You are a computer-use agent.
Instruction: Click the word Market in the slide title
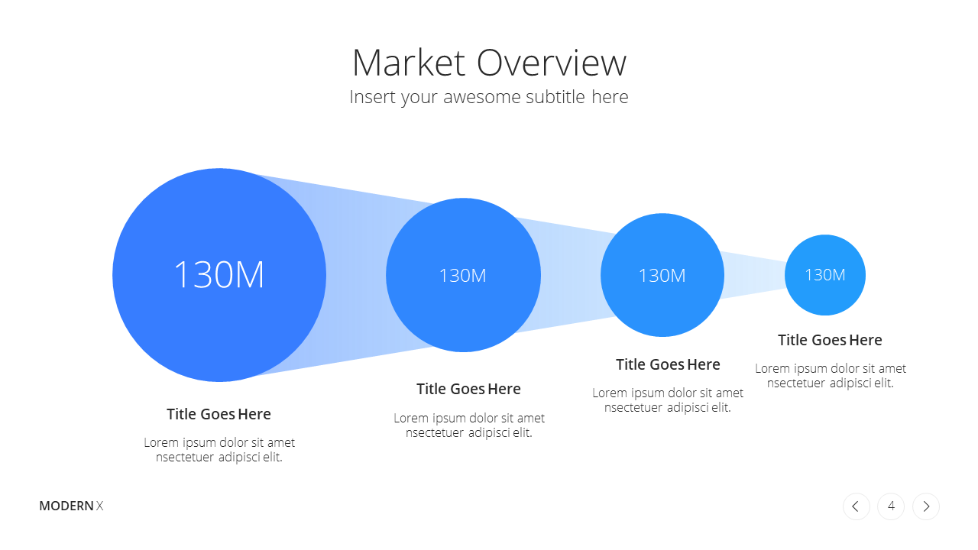(x=409, y=63)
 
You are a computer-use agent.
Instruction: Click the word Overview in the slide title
(x=552, y=63)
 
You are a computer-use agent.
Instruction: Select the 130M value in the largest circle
(x=219, y=274)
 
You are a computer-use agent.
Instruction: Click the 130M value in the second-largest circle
(x=463, y=276)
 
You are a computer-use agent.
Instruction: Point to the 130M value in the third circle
(x=662, y=276)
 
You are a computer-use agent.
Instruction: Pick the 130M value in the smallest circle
(x=825, y=274)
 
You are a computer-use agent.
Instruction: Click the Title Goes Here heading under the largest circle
(x=219, y=414)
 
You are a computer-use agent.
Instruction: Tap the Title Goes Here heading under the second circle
(x=468, y=389)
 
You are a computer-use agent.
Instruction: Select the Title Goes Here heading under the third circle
(x=668, y=364)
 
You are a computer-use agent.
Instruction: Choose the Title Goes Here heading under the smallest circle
(x=830, y=340)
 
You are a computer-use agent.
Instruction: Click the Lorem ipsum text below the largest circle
(x=219, y=450)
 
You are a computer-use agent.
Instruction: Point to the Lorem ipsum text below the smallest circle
(x=831, y=375)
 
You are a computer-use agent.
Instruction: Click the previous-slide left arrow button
(x=857, y=506)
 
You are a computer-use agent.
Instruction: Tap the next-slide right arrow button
(x=925, y=506)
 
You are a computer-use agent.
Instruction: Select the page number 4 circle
(x=891, y=506)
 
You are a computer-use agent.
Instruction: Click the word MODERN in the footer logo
(x=66, y=506)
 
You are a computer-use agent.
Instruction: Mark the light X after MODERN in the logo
(x=99, y=506)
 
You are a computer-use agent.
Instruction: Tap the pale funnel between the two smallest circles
(x=754, y=275)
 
